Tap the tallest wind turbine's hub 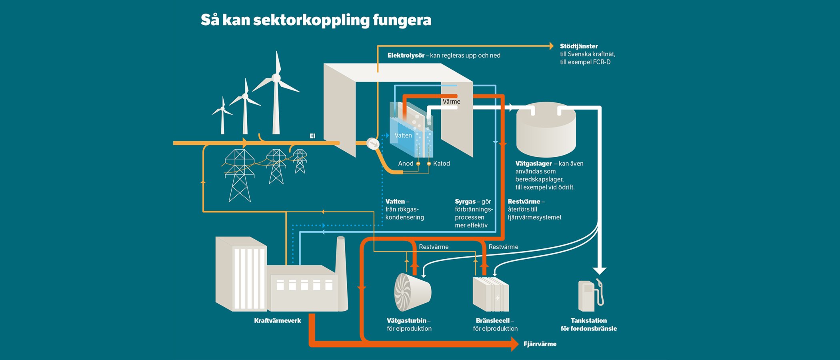[276, 78]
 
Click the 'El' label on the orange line [312, 136]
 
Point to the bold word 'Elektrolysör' [406, 56]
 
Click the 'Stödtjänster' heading [579, 46]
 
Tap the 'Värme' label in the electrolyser [451, 102]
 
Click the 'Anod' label [406, 164]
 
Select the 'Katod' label [441, 164]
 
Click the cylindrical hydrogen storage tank [546, 132]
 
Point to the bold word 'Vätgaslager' [534, 164]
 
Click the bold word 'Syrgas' [465, 202]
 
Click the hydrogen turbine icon [412, 292]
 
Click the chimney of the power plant [341, 272]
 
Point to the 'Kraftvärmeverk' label [278, 321]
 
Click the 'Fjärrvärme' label [540, 344]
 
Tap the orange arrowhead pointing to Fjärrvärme [515, 344]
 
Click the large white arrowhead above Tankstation [599, 270]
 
